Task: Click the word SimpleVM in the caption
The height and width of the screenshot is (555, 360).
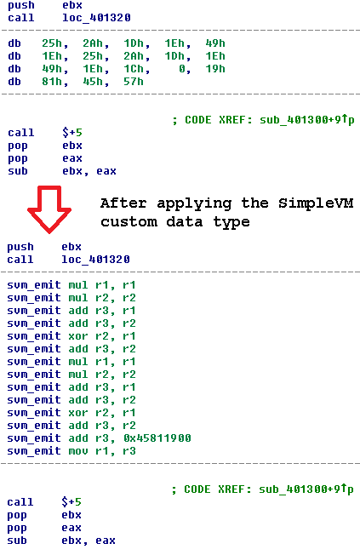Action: (316, 203)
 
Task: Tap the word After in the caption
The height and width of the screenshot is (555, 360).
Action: (123, 203)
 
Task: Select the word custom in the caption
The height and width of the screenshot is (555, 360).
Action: (129, 222)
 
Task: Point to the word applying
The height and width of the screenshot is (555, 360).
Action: (194, 204)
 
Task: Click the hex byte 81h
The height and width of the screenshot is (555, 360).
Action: (52, 82)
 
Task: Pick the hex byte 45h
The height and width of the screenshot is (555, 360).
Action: (93, 82)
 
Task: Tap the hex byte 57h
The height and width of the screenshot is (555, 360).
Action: (134, 82)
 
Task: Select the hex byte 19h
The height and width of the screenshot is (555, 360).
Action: (215, 69)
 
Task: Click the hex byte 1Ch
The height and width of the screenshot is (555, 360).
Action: (134, 69)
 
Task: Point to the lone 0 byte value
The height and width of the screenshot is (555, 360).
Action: (182, 69)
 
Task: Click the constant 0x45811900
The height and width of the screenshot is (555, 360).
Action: (157, 438)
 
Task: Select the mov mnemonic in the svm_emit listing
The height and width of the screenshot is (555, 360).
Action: (78, 451)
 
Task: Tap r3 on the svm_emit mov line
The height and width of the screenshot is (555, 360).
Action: (129, 451)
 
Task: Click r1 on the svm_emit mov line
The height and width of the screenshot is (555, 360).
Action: (102, 451)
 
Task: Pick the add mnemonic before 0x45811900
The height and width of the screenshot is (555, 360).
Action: (78, 438)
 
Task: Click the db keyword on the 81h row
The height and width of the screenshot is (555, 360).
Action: (14, 82)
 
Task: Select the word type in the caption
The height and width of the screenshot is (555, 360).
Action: (231, 223)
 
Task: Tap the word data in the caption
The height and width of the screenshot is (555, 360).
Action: (185, 222)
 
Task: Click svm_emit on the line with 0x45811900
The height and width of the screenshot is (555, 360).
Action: (34, 438)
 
